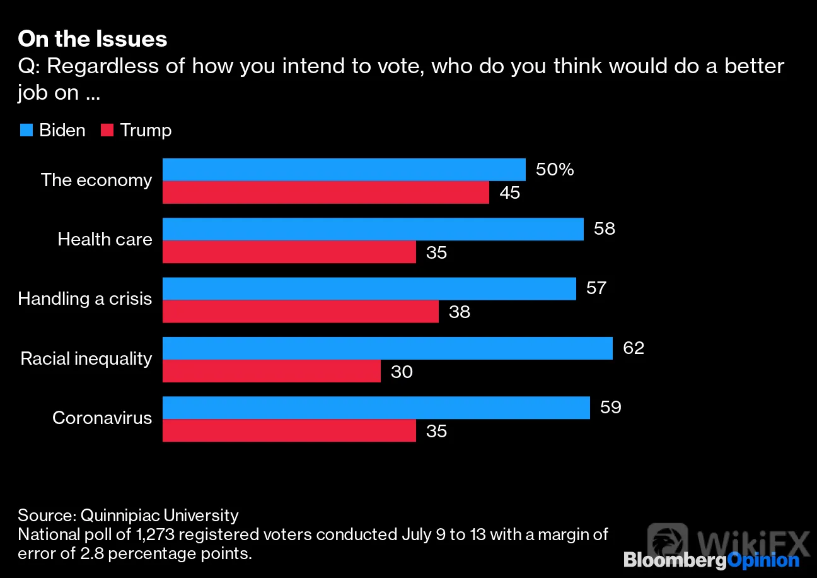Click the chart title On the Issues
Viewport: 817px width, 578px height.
92,38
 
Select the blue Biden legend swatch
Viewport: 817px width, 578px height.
26,130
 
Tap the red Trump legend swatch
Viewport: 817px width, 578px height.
107,130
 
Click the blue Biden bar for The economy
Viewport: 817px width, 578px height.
344,169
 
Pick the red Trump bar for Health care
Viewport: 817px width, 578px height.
289,252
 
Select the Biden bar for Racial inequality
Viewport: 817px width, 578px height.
387,348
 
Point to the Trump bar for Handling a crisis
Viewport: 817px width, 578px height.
301,312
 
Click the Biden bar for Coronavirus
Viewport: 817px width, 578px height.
376,408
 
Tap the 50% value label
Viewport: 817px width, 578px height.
555,169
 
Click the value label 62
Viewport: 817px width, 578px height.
634,348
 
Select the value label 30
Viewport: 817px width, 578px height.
402,372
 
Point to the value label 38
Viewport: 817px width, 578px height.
459,312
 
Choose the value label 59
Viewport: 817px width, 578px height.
611,407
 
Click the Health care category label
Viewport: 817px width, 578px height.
105,240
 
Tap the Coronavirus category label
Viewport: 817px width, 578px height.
102,418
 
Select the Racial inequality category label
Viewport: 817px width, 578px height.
86,358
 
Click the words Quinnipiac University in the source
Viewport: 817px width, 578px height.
159,516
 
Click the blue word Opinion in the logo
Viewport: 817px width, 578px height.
763,561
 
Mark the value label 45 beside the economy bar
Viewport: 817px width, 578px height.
509,192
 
